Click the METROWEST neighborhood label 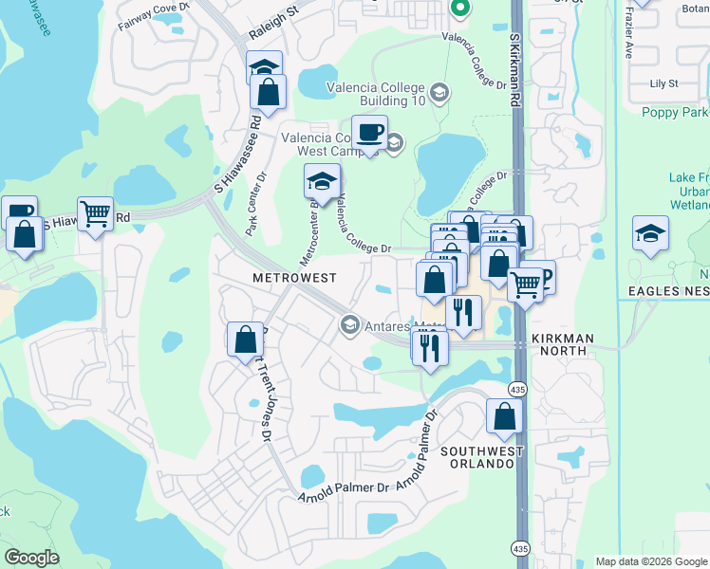click(293, 278)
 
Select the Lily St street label click(663, 83)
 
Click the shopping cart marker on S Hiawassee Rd click(95, 214)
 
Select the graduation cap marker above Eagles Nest click(650, 233)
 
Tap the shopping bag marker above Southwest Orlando click(504, 415)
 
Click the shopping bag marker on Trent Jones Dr click(245, 339)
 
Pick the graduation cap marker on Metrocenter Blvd click(322, 180)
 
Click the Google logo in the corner click(32, 558)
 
